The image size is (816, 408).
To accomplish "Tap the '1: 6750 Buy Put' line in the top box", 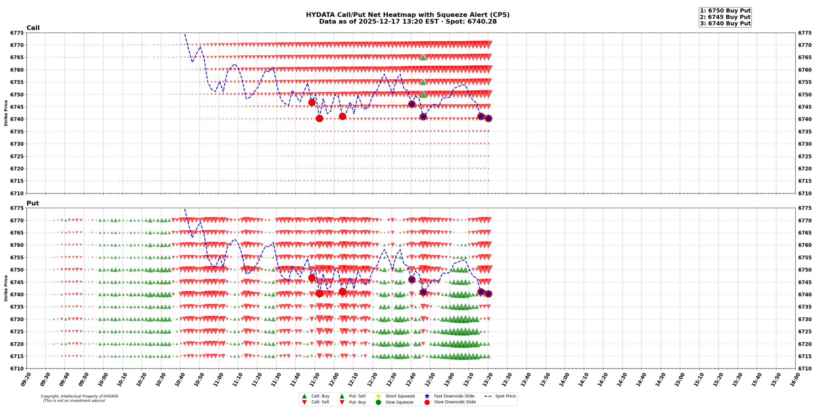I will click(x=725, y=11).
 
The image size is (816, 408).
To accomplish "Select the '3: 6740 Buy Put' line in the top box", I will click(x=725, y=23).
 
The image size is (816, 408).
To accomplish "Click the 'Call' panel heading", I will click(x=33, y=28).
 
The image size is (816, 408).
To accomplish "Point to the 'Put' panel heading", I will click(x=33, y=203).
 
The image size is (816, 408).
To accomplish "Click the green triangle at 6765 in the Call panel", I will click(x=423, y=57).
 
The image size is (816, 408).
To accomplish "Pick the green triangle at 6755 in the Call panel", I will click(x=423, y=82).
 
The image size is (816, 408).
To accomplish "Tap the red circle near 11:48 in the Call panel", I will click(x=312, y=102).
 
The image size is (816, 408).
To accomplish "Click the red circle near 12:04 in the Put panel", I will click(x=342, y=291).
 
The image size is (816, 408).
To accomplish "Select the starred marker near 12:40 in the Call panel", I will click(x=412, y=104).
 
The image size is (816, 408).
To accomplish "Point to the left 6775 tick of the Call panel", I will click(x=17, y=33).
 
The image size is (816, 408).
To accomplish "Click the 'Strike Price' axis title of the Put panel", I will click(x=6, y=288).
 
